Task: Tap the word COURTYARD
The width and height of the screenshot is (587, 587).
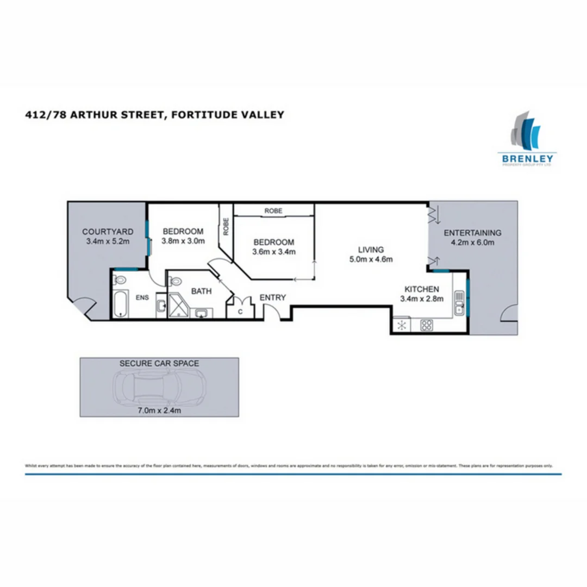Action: click(107, 231)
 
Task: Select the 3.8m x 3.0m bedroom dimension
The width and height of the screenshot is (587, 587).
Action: click(183, 241)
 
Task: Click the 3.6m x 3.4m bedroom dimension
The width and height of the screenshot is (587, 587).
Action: click(273, 252)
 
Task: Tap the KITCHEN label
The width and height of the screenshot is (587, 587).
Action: click(421, 289)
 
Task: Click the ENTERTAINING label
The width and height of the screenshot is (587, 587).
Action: click(472, 233)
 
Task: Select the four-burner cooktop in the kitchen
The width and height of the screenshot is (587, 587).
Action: click(427, 326)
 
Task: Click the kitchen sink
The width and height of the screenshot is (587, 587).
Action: click(459, 304)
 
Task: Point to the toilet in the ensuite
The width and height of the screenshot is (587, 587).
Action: click(120, 280)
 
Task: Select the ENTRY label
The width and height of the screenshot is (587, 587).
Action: click(272, 297)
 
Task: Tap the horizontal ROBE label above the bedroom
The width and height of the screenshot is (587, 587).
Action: click(273, 211)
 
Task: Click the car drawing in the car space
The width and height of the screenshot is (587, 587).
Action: click(159, 386)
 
